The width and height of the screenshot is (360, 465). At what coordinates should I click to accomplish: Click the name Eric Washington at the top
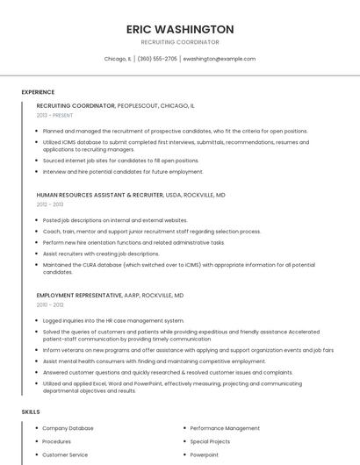click(180, 29)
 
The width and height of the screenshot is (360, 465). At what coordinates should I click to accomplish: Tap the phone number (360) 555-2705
click(157, 59)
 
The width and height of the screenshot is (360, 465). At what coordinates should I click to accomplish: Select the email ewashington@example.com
click(219, 59)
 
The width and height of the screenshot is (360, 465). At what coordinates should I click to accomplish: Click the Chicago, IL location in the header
click(118, 59)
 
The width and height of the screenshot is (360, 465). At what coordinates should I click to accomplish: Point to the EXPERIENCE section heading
click(38, 92)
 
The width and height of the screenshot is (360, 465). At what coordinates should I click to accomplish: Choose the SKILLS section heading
click(31, 411)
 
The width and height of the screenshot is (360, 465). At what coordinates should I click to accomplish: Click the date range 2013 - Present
click(54, 115)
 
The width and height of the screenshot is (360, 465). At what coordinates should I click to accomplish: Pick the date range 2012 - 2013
click(49, 204)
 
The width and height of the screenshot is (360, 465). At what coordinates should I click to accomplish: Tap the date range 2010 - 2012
click(49, 305)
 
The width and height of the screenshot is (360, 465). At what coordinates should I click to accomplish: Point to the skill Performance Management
click(225, 428)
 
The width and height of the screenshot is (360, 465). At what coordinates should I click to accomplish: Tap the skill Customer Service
click(65, 455)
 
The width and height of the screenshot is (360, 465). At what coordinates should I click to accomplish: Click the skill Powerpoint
click(205, 455)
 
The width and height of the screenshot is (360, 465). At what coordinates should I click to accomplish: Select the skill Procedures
click(57, 441)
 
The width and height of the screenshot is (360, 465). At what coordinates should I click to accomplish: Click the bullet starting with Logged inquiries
click(113, 321)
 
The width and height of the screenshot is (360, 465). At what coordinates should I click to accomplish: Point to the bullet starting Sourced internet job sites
click(121, 161)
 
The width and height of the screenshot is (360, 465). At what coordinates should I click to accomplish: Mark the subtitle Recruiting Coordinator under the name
click(180, 42)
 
